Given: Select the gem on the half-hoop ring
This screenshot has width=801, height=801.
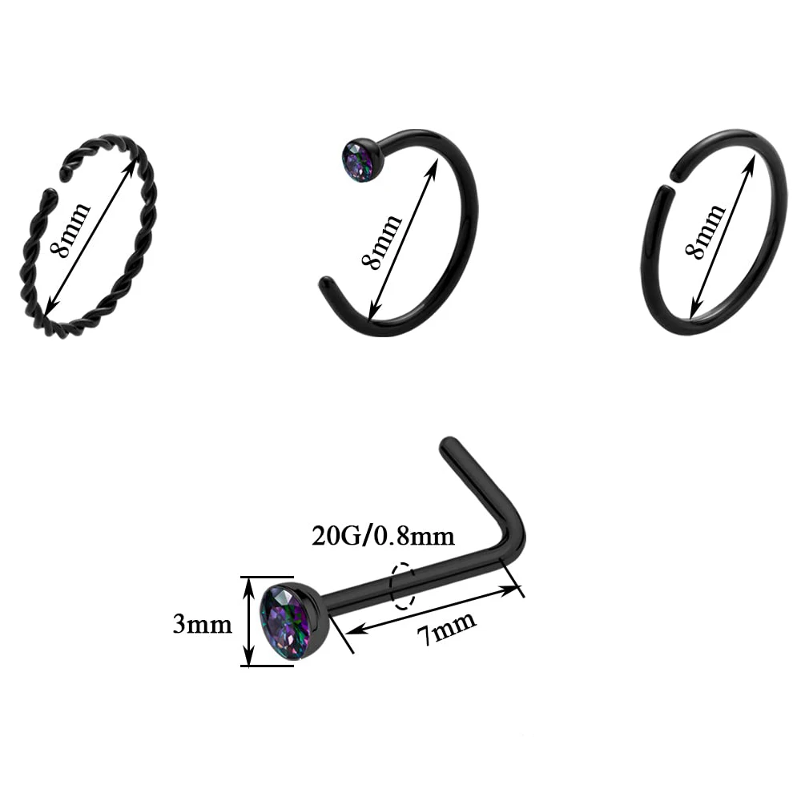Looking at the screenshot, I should [363, 161].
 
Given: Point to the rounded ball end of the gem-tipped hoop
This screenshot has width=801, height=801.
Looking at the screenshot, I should [327, 284].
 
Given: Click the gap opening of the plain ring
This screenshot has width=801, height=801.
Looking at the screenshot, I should [665, 180].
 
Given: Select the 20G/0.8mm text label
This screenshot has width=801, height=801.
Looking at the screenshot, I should [383, 535].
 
